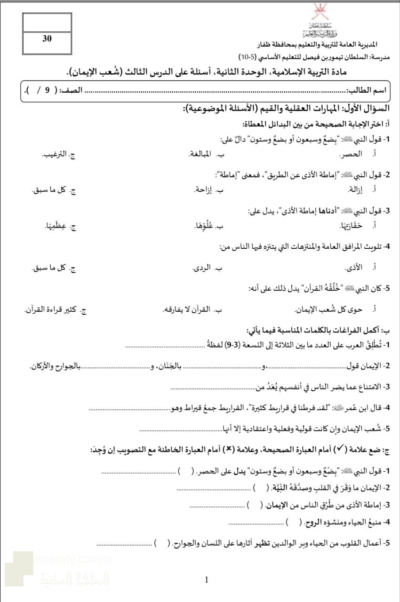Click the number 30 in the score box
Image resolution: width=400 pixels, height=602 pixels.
tap(47, 39)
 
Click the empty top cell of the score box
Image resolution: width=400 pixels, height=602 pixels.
tap(47, 22)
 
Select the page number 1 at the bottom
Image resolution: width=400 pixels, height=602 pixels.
tap(207, 580)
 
